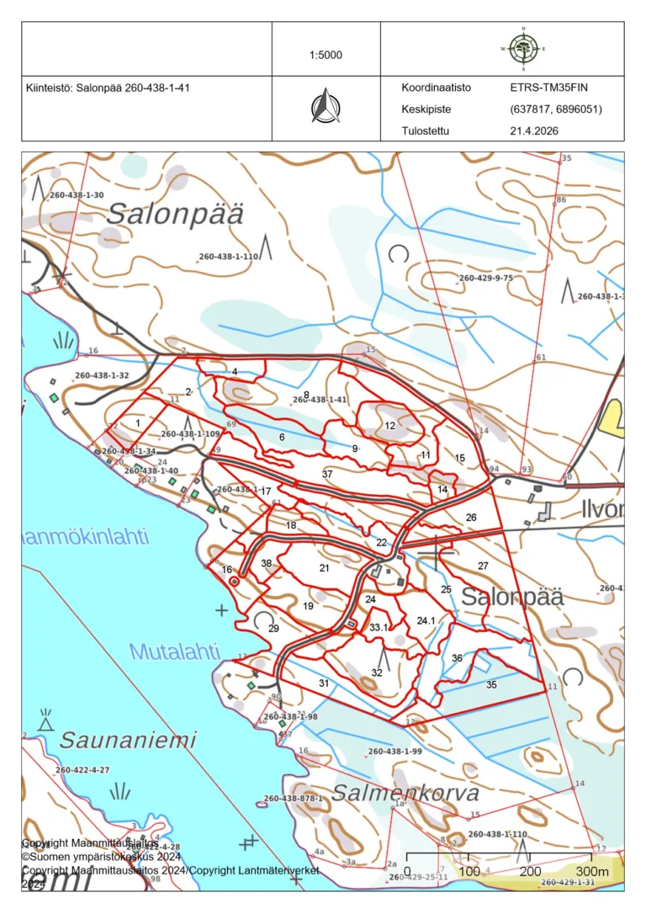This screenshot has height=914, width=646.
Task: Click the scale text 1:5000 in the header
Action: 326,56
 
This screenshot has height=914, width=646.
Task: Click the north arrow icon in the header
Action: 326,108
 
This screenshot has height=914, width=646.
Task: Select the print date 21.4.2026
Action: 533,131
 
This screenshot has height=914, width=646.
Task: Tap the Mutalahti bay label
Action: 174,651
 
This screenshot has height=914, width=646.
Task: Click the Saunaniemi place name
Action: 128,741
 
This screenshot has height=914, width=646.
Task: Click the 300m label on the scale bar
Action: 591,870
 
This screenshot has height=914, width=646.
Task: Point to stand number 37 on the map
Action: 328,475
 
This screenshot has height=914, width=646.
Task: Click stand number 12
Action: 389,426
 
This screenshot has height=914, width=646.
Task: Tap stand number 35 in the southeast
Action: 491,684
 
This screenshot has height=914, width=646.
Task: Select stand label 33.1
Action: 378,628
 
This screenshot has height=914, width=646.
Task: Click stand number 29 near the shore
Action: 273,629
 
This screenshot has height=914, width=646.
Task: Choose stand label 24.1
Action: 426,621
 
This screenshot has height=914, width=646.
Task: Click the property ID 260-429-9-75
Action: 485,278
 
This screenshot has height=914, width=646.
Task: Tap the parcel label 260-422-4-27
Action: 82,770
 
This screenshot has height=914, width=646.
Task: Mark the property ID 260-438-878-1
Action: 293,798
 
